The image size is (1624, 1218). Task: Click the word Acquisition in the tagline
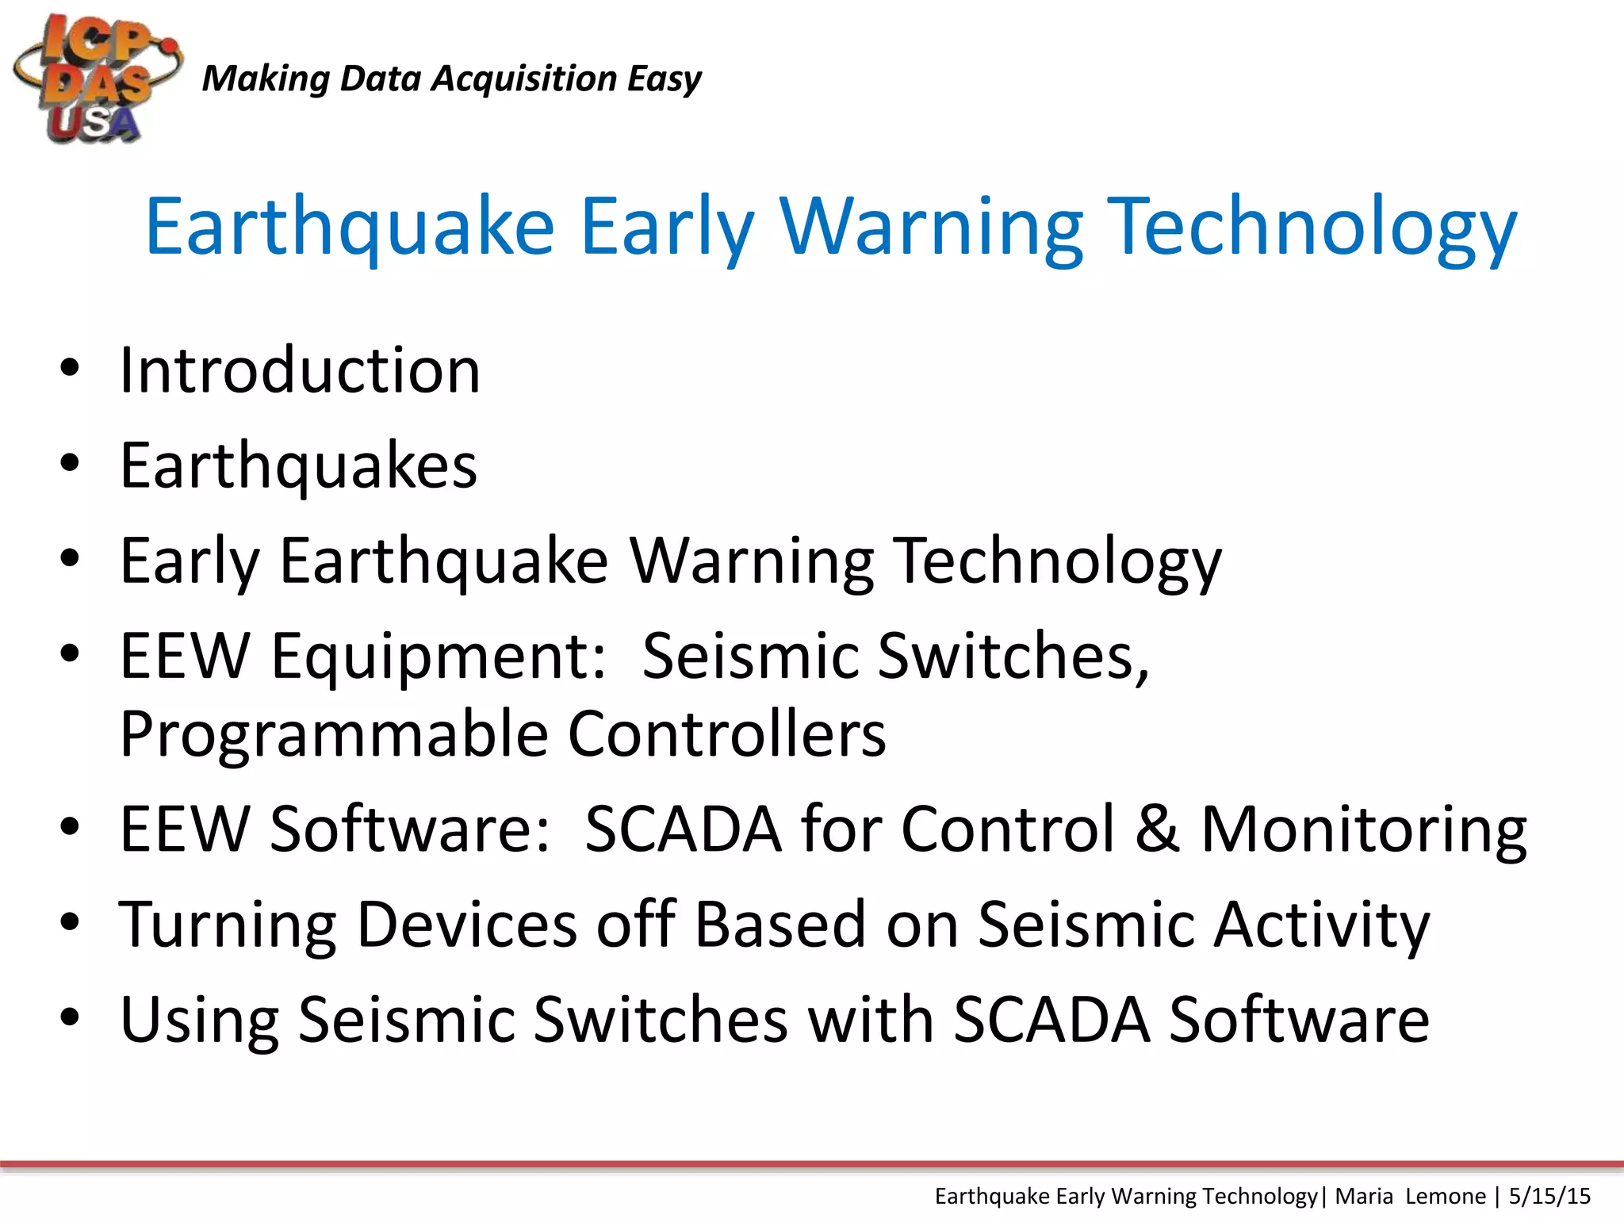pos(523,79)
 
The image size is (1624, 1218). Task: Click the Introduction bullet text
pos(300,370)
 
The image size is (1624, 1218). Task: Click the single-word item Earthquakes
pos(298,466)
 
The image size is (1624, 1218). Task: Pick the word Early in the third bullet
pos(190,561)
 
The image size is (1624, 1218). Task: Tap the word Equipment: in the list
pos(439,657)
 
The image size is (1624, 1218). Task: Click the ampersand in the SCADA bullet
pos(1157,829)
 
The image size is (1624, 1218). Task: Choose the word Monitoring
pos(1364,830)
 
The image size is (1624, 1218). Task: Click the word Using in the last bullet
pos(199,1021)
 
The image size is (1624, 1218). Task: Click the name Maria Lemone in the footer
pos(1410,1196)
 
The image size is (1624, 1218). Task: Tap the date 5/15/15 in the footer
pos(1549,1196)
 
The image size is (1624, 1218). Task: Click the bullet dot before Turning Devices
pos(70,922)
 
